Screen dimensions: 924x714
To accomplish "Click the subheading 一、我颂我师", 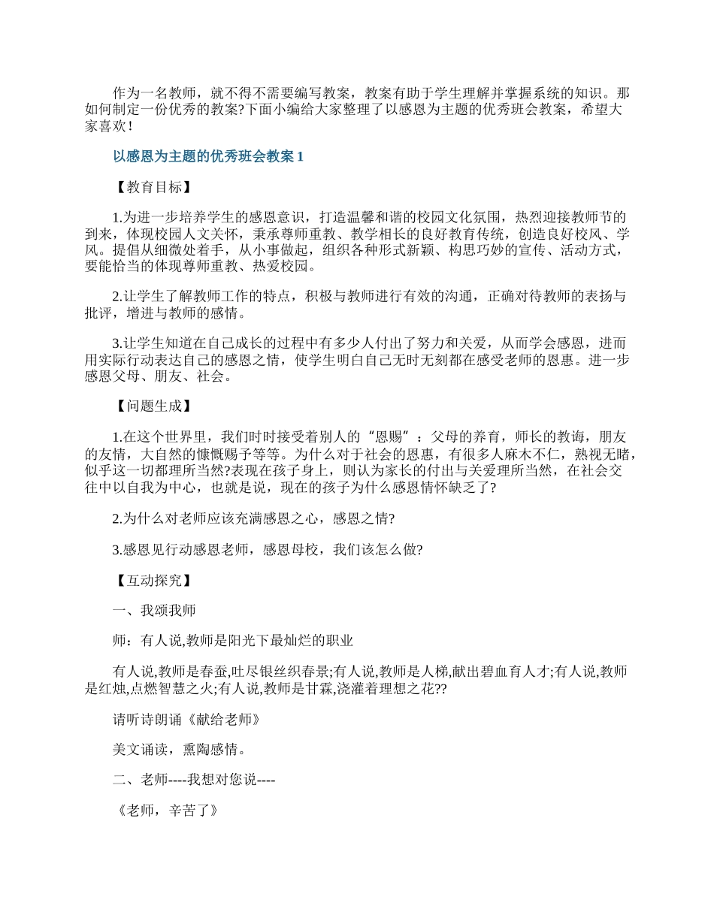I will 154,611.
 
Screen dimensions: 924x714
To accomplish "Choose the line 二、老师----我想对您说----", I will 194,781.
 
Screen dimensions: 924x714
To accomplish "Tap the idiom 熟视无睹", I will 598,454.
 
